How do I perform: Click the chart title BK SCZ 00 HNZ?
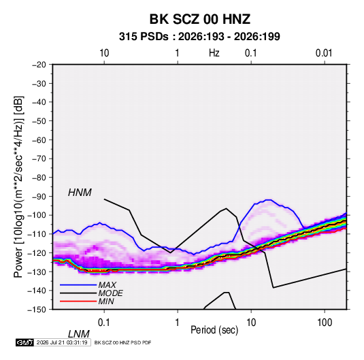pyautogui.click(x=199, y=19)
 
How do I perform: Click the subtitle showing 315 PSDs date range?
pyautogui.click(x=199, y=37)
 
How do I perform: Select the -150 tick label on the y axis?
pyautogui.click(x=37, y=309)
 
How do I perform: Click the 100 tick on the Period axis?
pyautogui.click(x=325, y=322)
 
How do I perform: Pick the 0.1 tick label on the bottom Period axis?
pyautogui.click(x=103, y=322)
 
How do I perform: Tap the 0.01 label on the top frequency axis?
pyautogui.click(x=324, y=53)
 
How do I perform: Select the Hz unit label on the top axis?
pyautogui.click(x=214, y=53)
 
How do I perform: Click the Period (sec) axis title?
pyautogui.click(x=214, y=330)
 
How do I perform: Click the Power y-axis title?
pyautogui.click(x=18, y=186)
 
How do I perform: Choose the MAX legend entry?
pyautogui.click(x=107, y=284)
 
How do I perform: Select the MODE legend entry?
pyautogui.click(x=110, y=293)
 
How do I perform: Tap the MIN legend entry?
pyautogui.click(x=106, y=301)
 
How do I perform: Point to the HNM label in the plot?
pyautogui.click(x=80, y=193)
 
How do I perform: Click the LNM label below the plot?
pyautogui.click(x=79, y=334)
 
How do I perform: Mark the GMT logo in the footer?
pyautogui.click(x=24, y=342)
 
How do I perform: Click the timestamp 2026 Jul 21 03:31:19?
pyautogui.click(x=62, y=342)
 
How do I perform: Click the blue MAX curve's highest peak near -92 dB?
pyautogui.click(x=269, y=200)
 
